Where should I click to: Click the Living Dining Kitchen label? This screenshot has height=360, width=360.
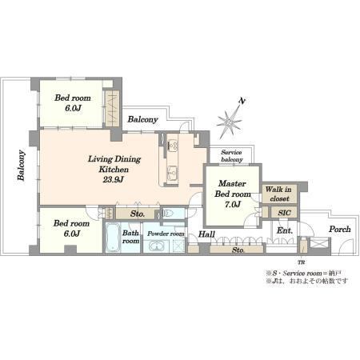[x=114, y=164]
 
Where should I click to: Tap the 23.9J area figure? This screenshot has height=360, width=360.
[x=114, y=179]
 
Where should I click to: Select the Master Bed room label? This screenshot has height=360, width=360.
[x=232, y=189]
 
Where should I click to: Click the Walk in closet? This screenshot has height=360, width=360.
[x=279, y=194]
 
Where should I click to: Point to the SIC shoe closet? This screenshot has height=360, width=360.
[x=284, y=213]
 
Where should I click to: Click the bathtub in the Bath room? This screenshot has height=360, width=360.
[x=113, y=238]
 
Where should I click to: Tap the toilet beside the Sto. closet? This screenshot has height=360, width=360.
[x=170, y=214]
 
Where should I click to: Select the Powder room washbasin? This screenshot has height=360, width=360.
[x=157, y=246]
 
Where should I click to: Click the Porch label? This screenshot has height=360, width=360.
[x=339, y=229]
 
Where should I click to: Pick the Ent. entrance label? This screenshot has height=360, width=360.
[x=285, y=230]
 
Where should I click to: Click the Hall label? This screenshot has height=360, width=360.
[x=206, y=234]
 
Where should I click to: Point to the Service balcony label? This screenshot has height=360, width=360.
[x=232, y=156]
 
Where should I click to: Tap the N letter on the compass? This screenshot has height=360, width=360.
[x=242, y=101]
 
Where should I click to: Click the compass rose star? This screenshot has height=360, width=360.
[x=230, y=122]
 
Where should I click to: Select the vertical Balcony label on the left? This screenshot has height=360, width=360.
[x=21, y=166]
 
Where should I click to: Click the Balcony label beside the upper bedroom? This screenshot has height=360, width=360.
[x=142, y=119]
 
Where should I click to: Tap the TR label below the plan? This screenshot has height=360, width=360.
[x=301, y=262]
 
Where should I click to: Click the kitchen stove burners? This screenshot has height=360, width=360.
[x=173, y=145]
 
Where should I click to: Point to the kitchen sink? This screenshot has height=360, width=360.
[x=172, y=173]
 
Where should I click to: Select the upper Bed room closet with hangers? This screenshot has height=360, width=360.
[x=112, y=109]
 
